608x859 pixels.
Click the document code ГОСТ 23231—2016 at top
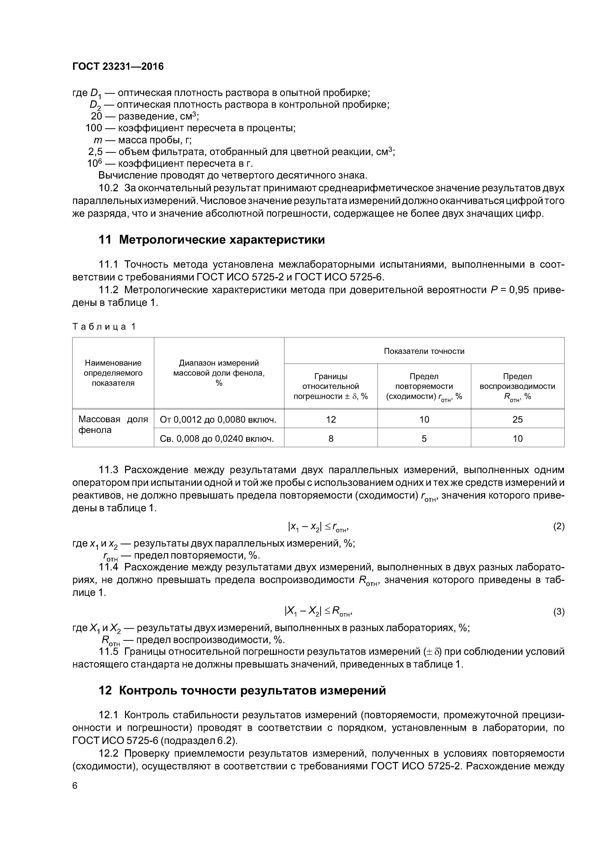click(x=118, y=67)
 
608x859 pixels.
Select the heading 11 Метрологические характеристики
click(x=211, y=240)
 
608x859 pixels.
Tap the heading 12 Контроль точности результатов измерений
click(x=242, y=690)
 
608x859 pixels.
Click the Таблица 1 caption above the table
click(x=103, y=327)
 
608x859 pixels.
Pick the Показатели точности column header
click(x=424, y=351)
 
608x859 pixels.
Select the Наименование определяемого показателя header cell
click(x=113, y=373)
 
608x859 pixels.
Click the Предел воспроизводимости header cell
click(x=517, y=386)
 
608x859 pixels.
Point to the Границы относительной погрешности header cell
click(x=331, y=386)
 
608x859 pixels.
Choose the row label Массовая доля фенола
click(x=113, y=425)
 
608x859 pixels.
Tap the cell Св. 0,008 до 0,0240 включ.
click(x=217, y=439)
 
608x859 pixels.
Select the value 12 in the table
click(x=331, y=420)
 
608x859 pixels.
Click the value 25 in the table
click(x=517, y=420)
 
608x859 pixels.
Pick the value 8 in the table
click(x=331, y=439)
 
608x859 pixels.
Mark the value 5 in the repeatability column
click(x=424, y=439)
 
